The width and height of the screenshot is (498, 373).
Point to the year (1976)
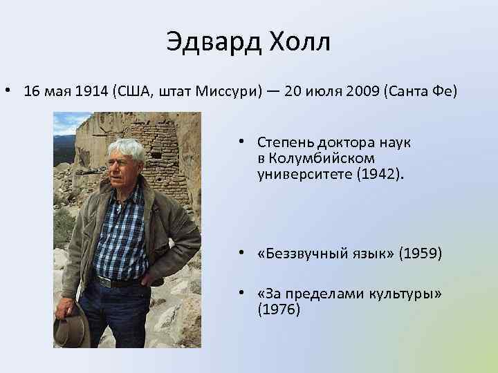point(279,310)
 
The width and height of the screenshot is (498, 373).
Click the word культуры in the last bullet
point(405,295)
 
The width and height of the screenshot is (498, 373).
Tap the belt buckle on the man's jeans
point(104,281)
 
